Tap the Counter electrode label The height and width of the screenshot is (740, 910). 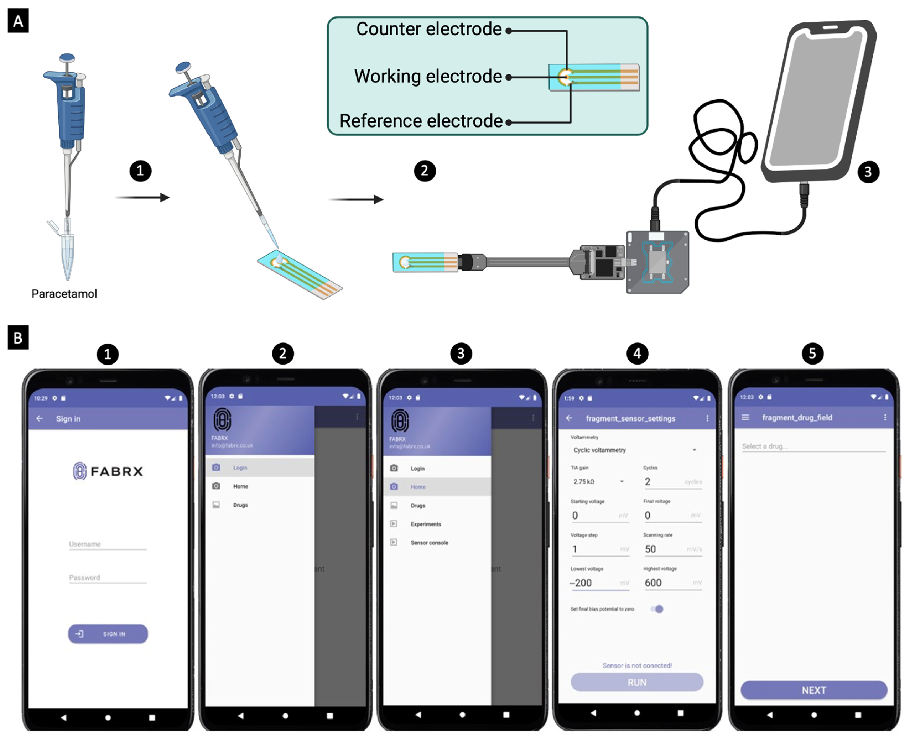[429, 29]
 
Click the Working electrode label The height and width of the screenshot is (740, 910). [428, 76]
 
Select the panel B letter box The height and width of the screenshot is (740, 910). [18, 337]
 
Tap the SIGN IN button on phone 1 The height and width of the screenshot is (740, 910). [108, 634]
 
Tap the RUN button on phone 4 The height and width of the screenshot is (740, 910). [637, 682]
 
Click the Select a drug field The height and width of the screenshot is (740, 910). [813, 446]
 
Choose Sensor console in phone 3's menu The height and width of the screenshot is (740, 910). [429, 543]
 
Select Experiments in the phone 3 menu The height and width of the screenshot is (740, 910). [426, 524]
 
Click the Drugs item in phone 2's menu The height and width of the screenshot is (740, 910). [240, 505]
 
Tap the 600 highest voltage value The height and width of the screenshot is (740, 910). [653, 583]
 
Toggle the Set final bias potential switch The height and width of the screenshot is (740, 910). [657, 609]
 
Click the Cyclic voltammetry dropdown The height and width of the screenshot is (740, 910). [634, 450]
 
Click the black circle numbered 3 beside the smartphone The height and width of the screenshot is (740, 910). [868, 172]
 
